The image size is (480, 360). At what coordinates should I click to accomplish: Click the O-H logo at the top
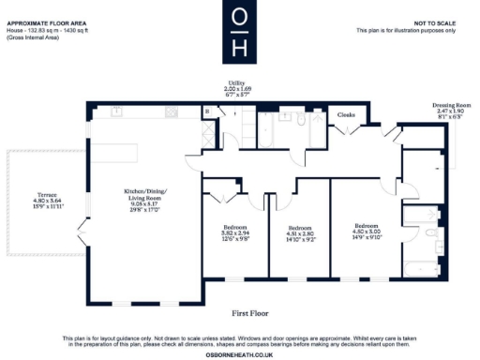(240, 32)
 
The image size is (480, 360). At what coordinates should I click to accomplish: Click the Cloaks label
(345, 114)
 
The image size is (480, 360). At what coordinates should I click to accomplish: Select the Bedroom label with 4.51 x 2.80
(299, 232)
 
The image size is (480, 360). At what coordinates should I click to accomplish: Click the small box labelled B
(206, 113)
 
